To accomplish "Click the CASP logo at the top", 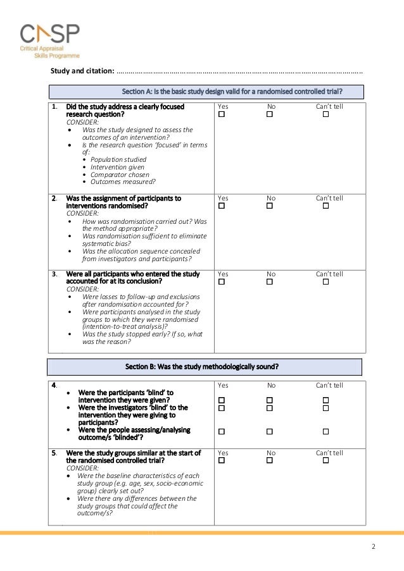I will coord(49,40).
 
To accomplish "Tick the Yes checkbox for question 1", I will coord(222,114).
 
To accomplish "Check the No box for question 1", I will coord(269,114).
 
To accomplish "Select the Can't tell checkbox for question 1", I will coord(325,114).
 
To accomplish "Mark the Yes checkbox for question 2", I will coord(222,206).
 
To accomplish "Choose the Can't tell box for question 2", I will coord(325,206).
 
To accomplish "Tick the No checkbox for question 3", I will coord(269,282).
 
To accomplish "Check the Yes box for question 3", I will coord(222,282).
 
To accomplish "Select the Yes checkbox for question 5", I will coord(222,461).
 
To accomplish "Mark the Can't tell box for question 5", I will coord(325,461).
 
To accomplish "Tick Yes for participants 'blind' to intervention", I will coord(222,400).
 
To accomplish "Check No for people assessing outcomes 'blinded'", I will coord(269,431).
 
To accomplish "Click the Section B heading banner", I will coord(205,367).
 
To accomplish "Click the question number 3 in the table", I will coord(55,274).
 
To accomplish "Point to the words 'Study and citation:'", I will coord(82,70).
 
